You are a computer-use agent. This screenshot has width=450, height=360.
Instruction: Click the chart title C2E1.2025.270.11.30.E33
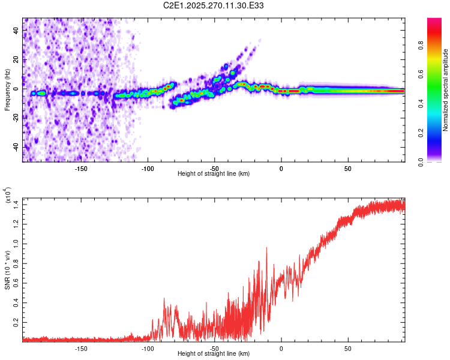pyautogui.click(x=214, y=5)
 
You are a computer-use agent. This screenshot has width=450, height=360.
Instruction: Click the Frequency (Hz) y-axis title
pyautogui.click(x=7, y=90)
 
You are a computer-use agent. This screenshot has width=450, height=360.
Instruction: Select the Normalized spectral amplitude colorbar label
pyautogui.click(x=445, y=90)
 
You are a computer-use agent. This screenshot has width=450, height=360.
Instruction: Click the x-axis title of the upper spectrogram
pyautogui.click(x=214, y=173)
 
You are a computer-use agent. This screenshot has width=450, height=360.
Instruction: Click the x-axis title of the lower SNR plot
pyautogui.click(x=214, y=354)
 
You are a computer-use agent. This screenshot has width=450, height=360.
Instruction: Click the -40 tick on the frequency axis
pyautogui.click(x=15, y=147)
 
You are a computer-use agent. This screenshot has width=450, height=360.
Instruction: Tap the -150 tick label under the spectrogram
pyautogui.click(x=82, y=168)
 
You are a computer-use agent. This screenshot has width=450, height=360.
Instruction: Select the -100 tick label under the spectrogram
pyautogui.click(x=148, y=168)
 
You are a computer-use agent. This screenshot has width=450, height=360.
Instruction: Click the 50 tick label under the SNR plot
pyautogui.click(x=348, y=348)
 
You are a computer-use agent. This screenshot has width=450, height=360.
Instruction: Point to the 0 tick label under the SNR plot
pyautogui.click(x=281, y=348)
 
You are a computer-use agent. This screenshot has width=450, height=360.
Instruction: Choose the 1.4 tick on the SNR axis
pyautogui.click(x=16, y=205)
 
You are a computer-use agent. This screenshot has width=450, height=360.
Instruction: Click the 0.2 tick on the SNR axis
pyautogui.click(x=16, y=322)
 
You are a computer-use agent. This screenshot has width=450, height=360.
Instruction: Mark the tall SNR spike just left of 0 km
pyautogui.click(x=266, y=248)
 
